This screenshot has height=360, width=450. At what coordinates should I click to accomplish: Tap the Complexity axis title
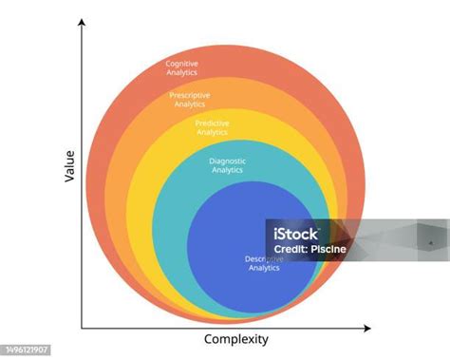(236, 339)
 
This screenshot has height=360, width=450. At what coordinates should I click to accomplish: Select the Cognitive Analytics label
(183, 67)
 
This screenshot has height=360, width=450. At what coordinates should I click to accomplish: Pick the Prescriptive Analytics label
(190, 100)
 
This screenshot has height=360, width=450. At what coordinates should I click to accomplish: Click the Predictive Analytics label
(212, 127)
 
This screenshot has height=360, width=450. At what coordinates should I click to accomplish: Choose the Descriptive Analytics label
(264, 263)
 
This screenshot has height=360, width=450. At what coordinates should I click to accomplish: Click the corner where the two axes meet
(83, 328)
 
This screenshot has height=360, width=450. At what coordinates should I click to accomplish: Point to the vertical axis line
(83, 190)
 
